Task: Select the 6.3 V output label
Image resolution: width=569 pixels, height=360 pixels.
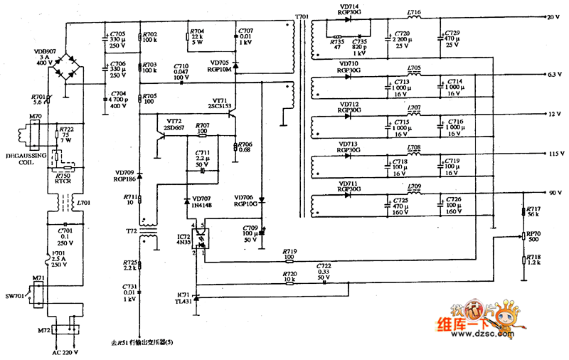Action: (554, 74)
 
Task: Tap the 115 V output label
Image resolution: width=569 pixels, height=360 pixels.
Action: (554, 154)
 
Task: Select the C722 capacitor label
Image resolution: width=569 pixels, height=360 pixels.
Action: (324, 269)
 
